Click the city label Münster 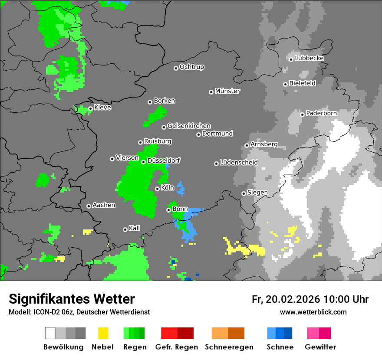227,91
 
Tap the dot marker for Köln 157,189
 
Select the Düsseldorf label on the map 164,160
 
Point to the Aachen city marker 89,206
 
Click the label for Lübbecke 310,58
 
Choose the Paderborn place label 322,113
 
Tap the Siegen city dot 244,193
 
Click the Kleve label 103,108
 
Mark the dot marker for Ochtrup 176,68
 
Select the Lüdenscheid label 239,163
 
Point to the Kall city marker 125,229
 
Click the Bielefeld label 303,83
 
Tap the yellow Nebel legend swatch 103,333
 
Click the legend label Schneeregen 229,347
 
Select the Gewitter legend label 320,347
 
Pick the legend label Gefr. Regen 177,347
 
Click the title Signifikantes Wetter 72,299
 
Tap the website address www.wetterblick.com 313,312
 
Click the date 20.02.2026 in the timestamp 292,299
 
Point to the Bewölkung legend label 63,347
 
